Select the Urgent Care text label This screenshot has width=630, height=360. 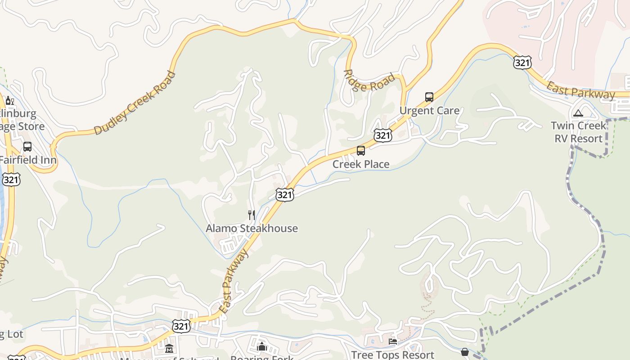coord(429,111)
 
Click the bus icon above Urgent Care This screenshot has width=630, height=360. coord(429,97)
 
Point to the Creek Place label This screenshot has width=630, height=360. coord(361,164)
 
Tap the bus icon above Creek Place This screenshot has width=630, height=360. coord(361,151)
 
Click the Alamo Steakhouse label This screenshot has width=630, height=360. coord(252,228)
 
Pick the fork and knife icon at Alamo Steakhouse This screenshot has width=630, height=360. coord(252,215)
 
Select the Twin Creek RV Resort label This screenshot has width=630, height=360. coord(578,132)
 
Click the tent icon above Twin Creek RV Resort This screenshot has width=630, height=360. coord(578,113)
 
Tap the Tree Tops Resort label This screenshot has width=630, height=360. coord(392,355)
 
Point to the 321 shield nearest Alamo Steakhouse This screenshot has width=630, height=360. coord(285,194)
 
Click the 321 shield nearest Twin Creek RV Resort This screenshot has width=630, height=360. coord(522,63)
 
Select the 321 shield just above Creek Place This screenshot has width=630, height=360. coord(382,135)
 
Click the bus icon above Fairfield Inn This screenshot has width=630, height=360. coord(27,147)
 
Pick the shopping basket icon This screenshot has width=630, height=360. coord(465,352)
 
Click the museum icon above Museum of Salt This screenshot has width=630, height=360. coord(169,349)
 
